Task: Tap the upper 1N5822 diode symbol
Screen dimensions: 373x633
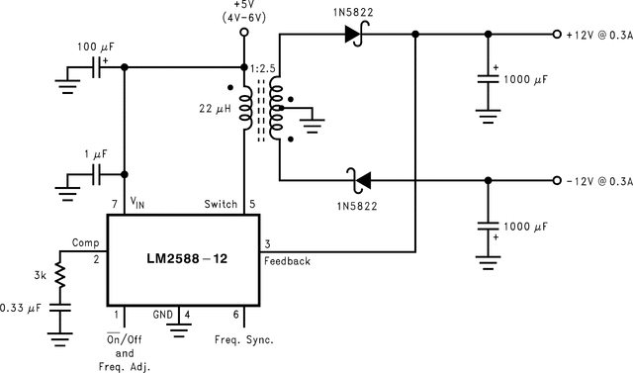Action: coord(354,34)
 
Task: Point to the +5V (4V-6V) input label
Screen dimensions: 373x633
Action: coord(244,12)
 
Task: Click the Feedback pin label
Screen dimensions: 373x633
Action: coord(287,261)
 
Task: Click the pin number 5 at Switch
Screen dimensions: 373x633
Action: coord(252,204)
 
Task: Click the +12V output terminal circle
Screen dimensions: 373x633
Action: coord(557,34)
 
